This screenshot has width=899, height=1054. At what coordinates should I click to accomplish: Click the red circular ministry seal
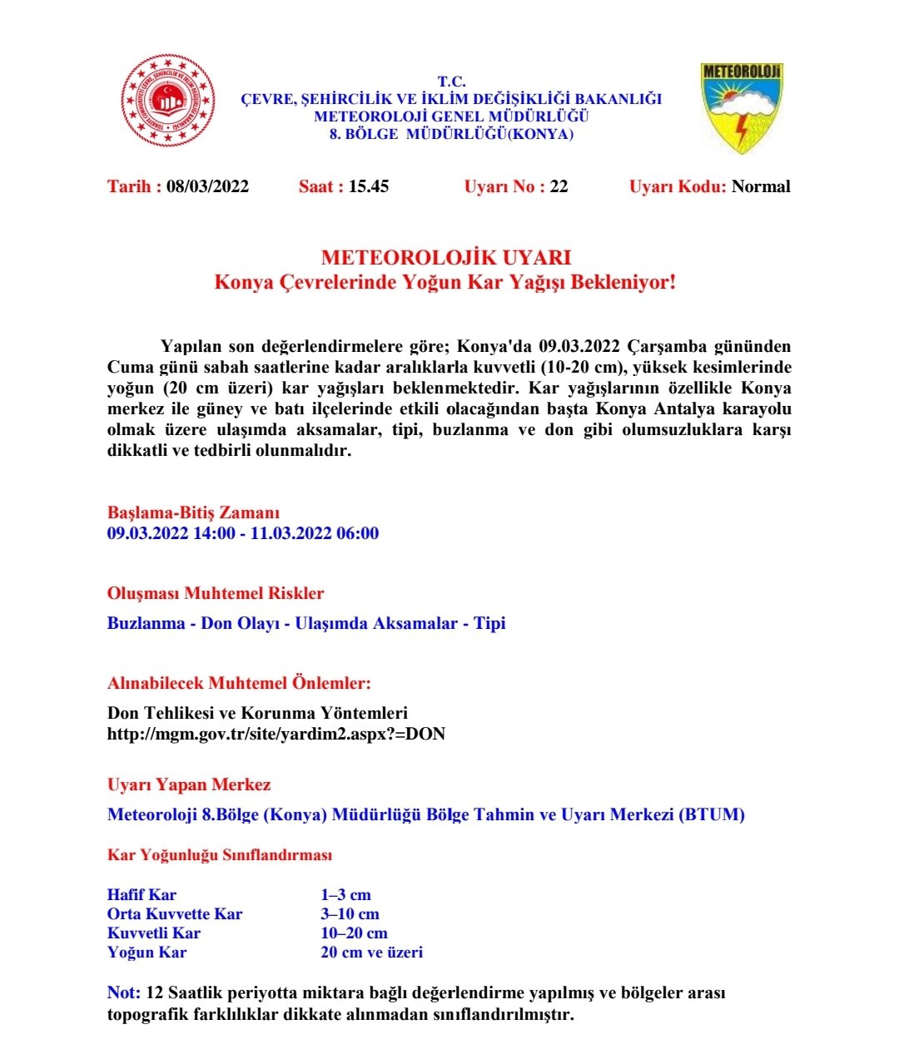click(x=169, y=101)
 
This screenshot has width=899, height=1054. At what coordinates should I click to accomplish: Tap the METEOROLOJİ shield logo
click(x=741, y=107)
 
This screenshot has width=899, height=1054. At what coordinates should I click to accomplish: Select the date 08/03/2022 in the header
click(x=207, y=186)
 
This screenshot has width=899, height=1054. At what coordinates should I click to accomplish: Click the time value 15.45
click(x=369, y=186)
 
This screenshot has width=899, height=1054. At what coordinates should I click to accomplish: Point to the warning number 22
click(x=559, y=186)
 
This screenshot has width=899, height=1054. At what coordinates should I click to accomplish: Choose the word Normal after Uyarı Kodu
click(x=761, y=186)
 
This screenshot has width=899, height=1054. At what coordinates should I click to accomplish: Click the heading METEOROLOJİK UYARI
click(x=446, y=258)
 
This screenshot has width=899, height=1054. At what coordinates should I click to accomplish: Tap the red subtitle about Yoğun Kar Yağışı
click(x=445, y=283)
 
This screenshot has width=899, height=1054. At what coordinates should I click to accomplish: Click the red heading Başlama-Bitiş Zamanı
click(x=193, y=512)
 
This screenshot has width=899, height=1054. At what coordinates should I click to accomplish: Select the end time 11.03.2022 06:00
click(x=315, y=533)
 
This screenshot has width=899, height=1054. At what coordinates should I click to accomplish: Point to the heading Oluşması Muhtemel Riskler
click(x=216, y=593)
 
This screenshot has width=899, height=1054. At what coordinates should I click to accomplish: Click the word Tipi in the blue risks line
click(x=489, y=623)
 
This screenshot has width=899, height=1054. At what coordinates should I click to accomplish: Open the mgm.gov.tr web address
click(x=276, y=734)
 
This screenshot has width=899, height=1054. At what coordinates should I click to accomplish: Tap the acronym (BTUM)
click(x=712, y=814)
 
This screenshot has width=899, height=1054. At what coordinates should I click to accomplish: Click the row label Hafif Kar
click(x=142, y=895)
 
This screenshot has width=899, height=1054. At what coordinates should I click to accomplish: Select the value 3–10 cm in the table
click(x=350, y=914)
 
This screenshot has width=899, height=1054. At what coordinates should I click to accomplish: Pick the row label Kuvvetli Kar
click(x=154, y=933)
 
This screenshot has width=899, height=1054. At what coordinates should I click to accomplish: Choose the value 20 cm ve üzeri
click(x=371, y=953)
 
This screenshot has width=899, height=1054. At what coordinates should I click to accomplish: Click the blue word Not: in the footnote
click(x=124, y=992)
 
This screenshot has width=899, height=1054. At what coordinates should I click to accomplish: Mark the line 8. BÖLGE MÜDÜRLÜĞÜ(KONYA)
click(x=451, y=134)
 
